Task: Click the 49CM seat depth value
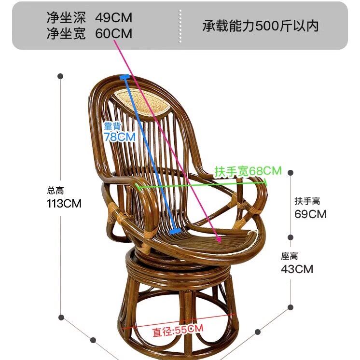click(113, 18)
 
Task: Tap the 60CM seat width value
click(113, 33)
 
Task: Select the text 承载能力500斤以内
click(261, 26)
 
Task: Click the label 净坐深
click(66, 18)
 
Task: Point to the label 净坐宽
click(66, 33)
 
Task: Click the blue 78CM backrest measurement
click(120, 137)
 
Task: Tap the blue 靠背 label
click(112, 126)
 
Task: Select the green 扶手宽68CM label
click(248, 171)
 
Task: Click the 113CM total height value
click(64, 203)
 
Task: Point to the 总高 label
click(55, 191)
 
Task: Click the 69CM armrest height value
click(310, 214)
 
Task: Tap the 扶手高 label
click(307, 201)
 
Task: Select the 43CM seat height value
click(297, 269)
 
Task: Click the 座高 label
click(290, 256)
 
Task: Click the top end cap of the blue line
click(125, 76)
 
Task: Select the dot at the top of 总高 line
click(61, 76)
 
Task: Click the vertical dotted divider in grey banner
click(180, 26)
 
